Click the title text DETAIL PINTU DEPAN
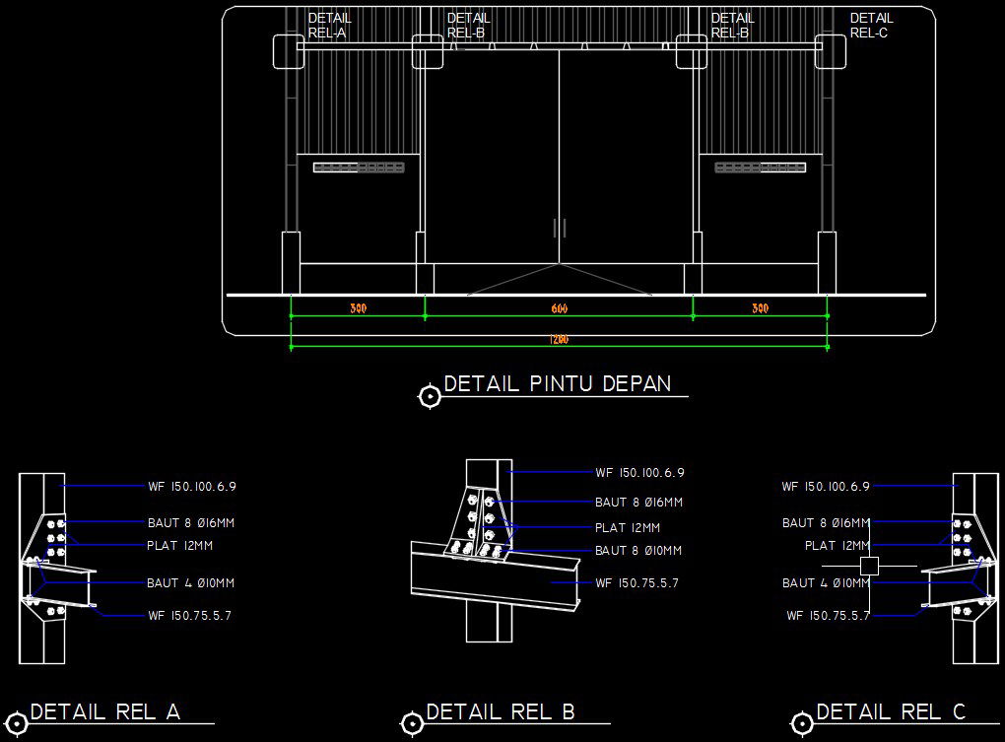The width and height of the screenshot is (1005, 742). click(558, 383)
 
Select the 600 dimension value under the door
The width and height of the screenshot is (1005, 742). click(559, 309)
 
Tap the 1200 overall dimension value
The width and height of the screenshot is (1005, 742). click(559, 340)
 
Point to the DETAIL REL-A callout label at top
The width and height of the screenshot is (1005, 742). click(329, 26)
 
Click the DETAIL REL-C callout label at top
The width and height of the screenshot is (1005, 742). click(871, 26)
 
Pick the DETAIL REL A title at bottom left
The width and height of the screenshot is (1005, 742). click(105, 711)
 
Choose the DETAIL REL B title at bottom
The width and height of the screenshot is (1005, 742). click(501, 711)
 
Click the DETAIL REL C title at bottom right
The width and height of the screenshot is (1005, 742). click(891, 711)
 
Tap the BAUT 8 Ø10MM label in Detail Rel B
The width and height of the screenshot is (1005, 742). click(638, 551)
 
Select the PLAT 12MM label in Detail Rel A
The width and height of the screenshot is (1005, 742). click(179, 545)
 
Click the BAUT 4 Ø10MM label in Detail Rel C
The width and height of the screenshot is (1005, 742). click(826, 583)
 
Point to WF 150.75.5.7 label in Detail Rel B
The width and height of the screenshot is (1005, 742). click(636, 583)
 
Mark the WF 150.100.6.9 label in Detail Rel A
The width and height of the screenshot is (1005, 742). click(192, 486)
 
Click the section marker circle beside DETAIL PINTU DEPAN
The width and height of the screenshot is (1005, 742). click(430, 396)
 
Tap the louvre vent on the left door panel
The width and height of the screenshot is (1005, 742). click(359, 168)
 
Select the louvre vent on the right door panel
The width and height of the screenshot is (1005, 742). click(761, 168)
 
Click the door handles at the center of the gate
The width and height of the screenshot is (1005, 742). click(560, 229)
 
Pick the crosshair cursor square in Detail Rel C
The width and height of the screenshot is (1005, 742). click(869, 566)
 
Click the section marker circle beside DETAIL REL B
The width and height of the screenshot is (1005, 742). click(412, 724)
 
